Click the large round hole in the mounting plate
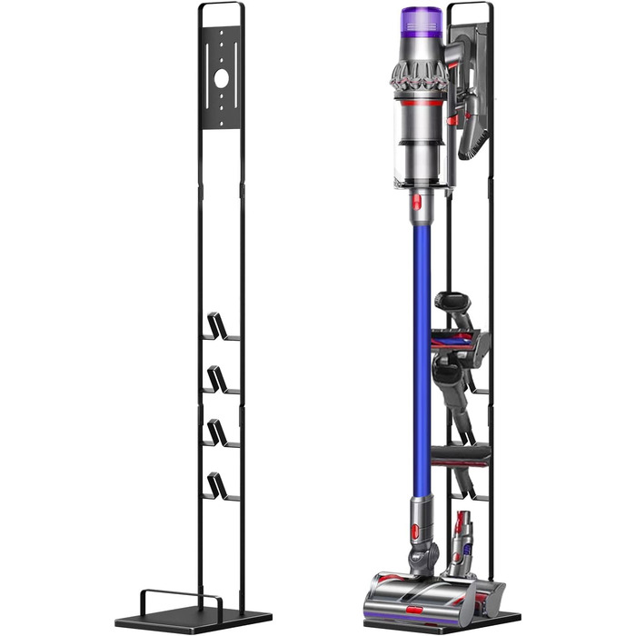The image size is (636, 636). (x=222, y=79)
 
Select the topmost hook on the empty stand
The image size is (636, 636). (x=218, y=326)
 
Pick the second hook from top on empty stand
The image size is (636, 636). (x=218, y=379)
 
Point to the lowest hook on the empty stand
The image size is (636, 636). (x=218, y=486)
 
